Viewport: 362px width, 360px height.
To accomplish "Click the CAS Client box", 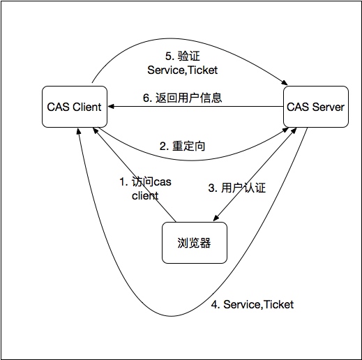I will [73, 107].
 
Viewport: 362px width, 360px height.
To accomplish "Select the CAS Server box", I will [316, 107].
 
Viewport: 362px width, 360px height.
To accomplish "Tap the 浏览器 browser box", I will [195, 243].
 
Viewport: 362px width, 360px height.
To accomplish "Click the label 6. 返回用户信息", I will [183, 98].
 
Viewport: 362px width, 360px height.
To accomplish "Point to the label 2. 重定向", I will [183, 147].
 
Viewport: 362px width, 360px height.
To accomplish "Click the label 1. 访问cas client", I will [143, 189].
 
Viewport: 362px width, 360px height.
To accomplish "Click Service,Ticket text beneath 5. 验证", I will [182, 70].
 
